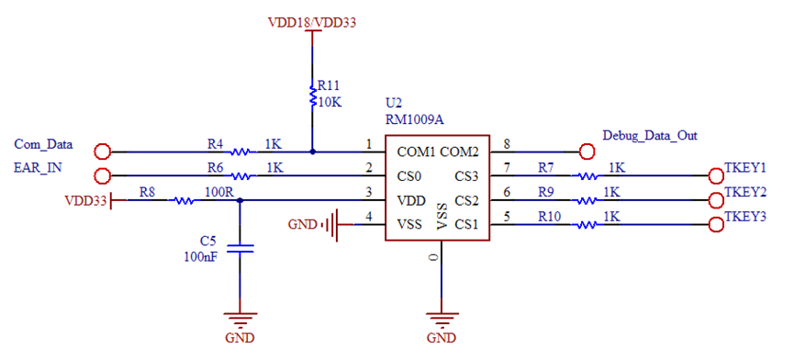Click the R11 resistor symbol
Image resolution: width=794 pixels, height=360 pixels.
313,96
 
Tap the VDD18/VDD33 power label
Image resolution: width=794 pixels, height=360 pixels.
312,22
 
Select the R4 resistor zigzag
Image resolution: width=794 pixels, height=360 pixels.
240,152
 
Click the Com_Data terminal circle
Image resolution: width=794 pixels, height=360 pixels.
103,152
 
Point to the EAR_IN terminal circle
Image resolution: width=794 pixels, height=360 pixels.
103,175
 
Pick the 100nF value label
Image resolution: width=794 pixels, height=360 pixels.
200,257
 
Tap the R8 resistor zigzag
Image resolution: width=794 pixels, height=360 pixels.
185,200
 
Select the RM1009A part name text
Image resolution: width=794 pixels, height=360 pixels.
415,120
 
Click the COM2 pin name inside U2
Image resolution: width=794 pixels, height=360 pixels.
460,152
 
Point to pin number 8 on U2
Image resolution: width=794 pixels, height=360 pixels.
507,144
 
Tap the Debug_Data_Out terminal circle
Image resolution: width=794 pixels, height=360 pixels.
587,152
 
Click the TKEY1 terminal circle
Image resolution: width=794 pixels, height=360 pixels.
717,176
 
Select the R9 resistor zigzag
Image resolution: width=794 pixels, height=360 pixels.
587,200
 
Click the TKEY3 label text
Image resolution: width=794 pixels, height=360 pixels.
744,216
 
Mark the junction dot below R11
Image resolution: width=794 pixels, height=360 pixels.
312,152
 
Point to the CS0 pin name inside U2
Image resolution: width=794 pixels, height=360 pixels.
409,176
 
